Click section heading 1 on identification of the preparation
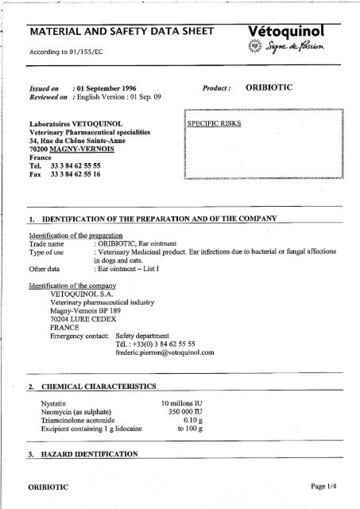coord(151,217)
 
